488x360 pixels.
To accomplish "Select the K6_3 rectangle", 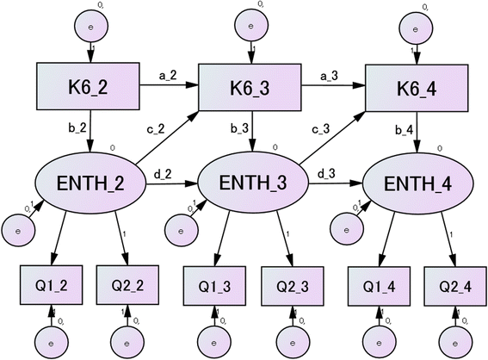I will point(250,87).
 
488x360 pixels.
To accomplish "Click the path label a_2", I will point(169,76).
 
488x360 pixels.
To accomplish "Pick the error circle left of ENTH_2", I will point(17,229).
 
